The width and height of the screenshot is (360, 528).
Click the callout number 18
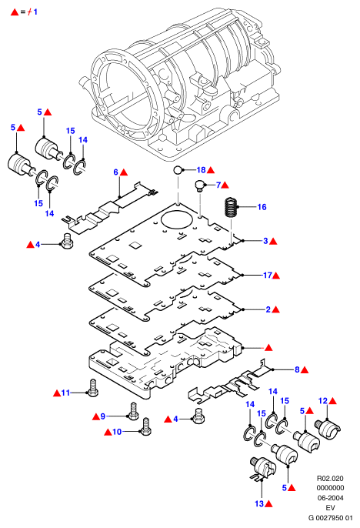tap(202, 169)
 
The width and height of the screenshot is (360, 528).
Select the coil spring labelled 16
tap(231, 208)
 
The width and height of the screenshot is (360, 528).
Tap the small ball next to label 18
tap(178, 169)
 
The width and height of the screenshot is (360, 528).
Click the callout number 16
tap(262, 207)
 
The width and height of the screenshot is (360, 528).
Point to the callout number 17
tap(268, 275)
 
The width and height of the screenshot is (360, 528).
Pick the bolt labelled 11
tap(92, 387)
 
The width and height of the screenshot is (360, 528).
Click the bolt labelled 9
tap(133, 412)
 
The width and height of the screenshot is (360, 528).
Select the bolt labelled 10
tap(145, 426)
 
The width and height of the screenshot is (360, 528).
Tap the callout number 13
tap(259, 503)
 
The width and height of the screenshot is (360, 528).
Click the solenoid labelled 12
tap(328, 429)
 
